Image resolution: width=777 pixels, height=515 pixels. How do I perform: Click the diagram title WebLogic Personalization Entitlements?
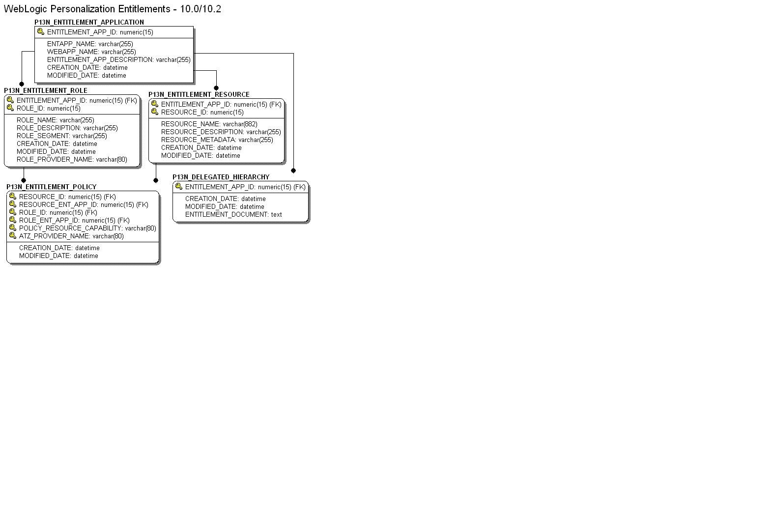pos(112,9)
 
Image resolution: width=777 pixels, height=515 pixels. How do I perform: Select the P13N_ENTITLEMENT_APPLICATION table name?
pos(89,22)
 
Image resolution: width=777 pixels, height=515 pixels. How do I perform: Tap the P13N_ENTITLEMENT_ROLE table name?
pos(46,90)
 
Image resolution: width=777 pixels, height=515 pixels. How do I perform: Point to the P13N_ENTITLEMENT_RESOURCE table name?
pos(199,94)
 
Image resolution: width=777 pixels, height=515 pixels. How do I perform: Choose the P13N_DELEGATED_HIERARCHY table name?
pos(221,177)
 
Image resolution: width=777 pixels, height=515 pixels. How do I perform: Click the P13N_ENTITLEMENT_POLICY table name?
pos(52,187)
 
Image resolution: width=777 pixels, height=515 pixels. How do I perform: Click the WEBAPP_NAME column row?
pos(91,52)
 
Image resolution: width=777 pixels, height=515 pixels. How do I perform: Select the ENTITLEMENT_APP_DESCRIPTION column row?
pos(118,59)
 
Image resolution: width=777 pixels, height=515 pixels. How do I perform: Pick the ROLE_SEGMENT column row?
pos(61,136)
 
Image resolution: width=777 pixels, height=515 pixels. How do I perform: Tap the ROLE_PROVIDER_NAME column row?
pos(72,159)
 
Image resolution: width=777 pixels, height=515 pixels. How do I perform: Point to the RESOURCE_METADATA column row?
pos(217,140)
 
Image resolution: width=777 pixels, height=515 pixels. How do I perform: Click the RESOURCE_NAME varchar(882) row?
pos(209,124)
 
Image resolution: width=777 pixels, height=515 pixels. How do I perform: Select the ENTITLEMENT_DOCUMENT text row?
pos(233,214)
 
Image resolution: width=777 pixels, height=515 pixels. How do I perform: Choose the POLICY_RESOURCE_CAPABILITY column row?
pos(87,228)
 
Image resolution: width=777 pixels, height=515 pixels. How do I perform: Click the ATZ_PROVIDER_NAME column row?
pos(71,236)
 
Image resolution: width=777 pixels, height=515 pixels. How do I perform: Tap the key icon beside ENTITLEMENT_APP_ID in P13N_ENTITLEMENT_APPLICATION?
pos(41,32)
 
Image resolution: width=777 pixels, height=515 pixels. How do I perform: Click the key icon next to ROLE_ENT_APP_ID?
pos(13,220)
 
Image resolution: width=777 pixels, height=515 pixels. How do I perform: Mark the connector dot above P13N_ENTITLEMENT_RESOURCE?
pos(216,88)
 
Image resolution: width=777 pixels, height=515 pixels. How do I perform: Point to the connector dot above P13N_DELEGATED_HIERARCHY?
pos(293,171)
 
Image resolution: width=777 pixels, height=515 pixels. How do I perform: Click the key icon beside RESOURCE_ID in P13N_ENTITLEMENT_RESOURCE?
pos(155,112)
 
